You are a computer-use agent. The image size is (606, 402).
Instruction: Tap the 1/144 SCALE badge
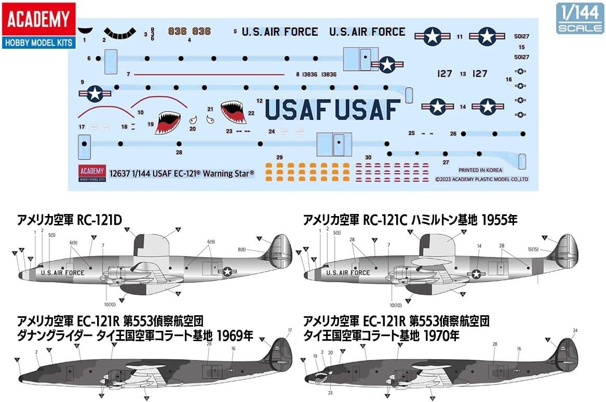tap(580, 18)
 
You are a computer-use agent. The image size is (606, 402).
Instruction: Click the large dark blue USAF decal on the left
tap(298, 109)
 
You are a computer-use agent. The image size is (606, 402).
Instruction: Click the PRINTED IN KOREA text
tap(480, 170)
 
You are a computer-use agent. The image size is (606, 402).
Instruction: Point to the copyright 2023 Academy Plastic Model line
tap(482, 179)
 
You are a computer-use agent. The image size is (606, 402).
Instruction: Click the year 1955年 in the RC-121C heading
tap(500, 220)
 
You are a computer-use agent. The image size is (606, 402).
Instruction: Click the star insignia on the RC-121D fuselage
tap(227, 271)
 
